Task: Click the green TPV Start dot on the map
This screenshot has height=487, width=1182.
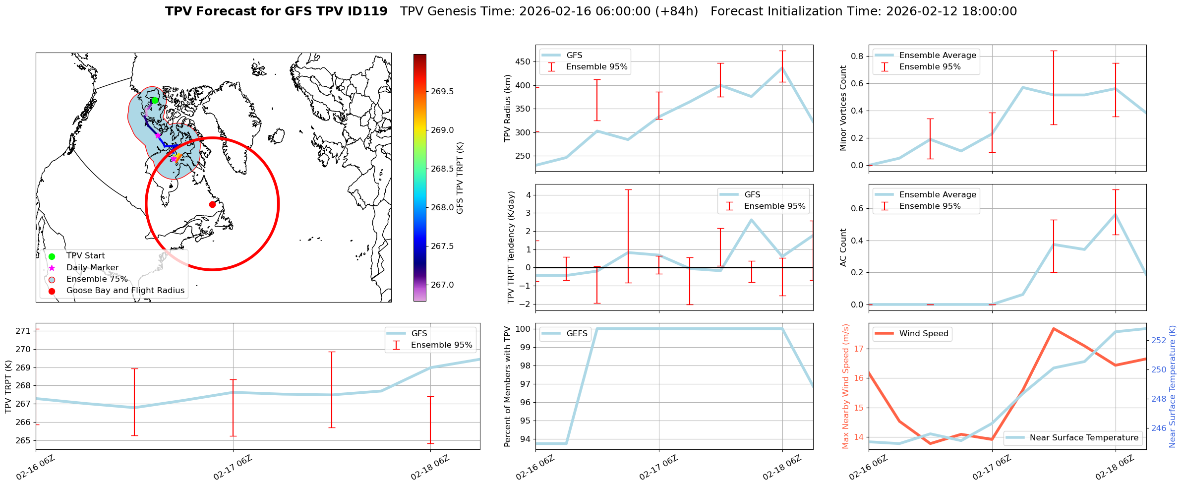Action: pos(155,100)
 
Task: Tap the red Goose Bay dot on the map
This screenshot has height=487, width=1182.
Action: pos(212,204)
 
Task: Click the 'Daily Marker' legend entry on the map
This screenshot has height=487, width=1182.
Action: pos(92,268)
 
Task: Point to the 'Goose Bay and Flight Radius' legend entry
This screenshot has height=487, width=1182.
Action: pos(125,291)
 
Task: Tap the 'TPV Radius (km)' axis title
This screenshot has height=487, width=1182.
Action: pos(508,108)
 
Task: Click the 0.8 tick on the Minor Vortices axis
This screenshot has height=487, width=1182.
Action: pos(857,56)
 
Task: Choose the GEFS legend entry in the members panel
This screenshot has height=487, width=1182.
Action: pos(577,334)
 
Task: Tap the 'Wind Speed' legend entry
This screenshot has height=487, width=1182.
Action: pos(924,334)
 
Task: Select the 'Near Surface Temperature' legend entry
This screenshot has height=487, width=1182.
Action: pos(1084,438)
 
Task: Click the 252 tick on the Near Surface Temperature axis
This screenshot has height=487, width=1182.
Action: pos(1159,340)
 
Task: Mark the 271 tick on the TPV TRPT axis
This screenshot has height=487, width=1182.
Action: pos(24,331)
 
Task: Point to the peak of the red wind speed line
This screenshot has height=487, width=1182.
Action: pos(1053,328)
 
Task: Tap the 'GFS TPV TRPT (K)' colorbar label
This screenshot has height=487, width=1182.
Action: pos(460,178)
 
